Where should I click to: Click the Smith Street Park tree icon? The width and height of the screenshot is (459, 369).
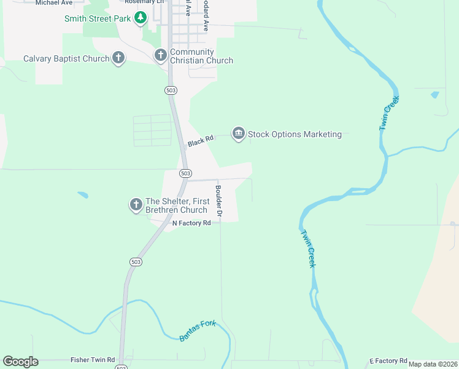click(141, 18)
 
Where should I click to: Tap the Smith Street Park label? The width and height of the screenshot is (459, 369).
click(98, 18)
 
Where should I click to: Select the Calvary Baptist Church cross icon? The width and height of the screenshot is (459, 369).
click(118, 58)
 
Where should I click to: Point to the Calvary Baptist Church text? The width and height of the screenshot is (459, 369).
click(66, 59)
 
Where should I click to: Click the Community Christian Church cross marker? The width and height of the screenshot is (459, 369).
click(160, 56)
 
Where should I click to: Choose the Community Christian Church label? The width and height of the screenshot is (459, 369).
click(201, 57)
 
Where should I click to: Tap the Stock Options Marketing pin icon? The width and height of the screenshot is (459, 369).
click(238, 133)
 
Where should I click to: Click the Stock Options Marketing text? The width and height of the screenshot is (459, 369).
click(295, 134)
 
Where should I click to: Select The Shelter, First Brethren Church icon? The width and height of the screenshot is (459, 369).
click(136, 204)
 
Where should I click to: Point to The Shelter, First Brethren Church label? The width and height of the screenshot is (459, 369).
click(177, 205)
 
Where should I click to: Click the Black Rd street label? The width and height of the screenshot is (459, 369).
click(201, 141)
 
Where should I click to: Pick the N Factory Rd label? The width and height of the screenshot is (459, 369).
click(191, 223)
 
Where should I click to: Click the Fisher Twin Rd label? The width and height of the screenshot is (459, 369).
click(93, 360)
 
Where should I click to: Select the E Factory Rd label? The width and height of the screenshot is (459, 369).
click(388, 360)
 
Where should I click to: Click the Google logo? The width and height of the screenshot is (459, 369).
click(20, 362)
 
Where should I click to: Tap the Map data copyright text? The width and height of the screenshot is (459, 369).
click(433, 364)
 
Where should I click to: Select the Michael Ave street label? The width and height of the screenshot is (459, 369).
click(54, 2)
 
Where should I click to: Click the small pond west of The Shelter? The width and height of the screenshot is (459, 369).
click(82, 196)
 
